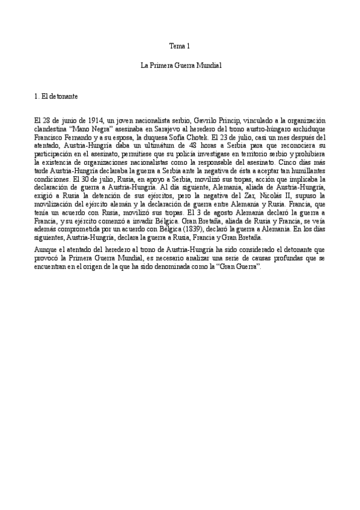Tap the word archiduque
tap(306, 129)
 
